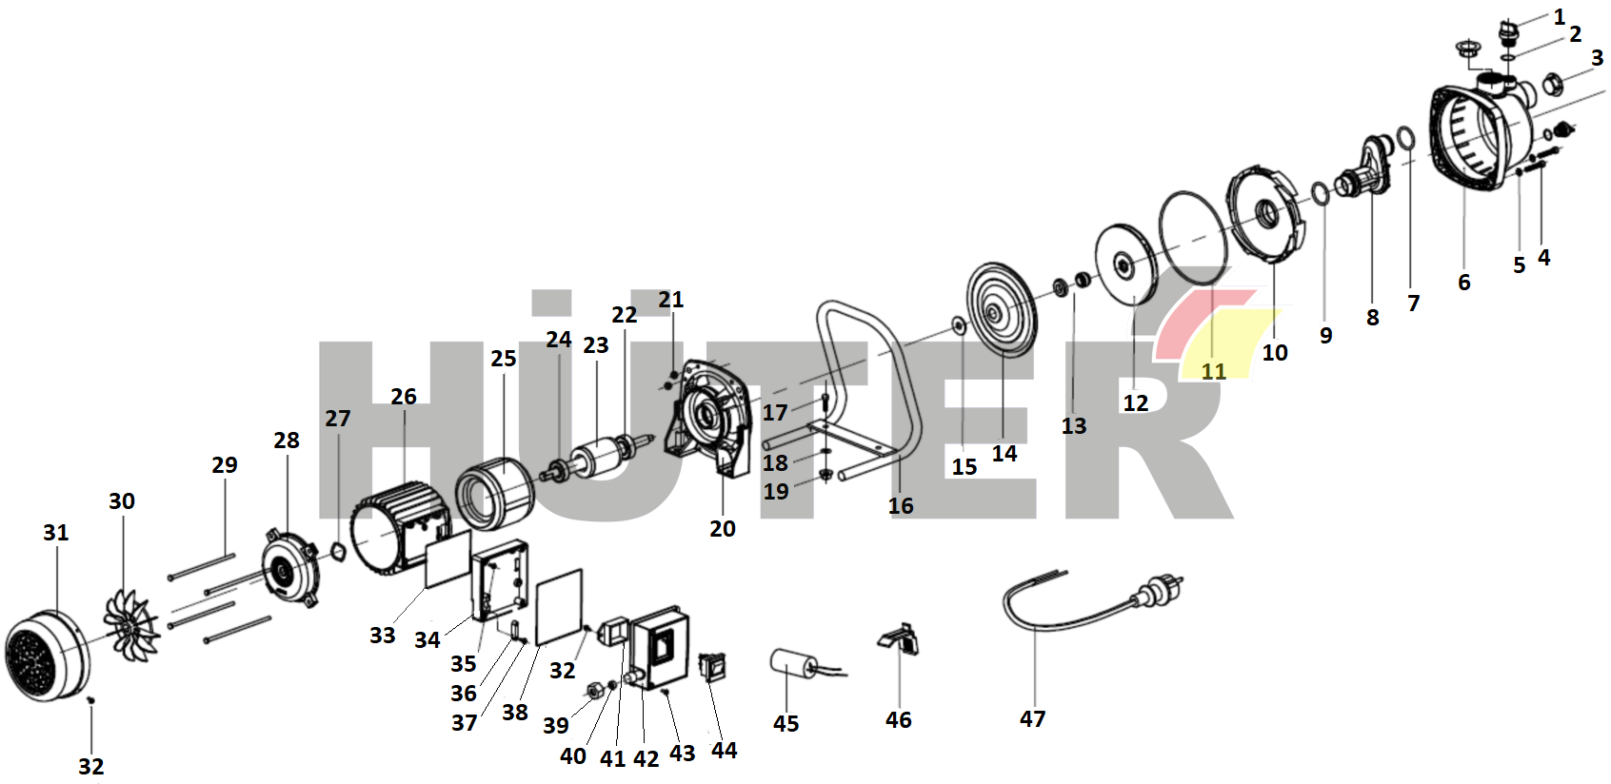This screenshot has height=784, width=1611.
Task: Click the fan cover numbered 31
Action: (45, 657)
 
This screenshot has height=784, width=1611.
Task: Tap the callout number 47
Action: (1032, 719)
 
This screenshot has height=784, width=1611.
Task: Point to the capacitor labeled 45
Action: (791, 663)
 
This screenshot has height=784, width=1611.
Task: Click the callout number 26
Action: (404, 397)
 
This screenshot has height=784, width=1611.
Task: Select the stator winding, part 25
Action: (494, 492)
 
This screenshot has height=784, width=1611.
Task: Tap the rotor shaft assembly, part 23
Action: (600, 458)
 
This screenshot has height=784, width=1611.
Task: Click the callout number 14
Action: (1004, 454)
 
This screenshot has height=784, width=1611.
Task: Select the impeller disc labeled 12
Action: (1125, 264)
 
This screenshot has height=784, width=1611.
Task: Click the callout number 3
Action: (1597, 58)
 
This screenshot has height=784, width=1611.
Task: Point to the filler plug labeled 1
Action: (1507, 35)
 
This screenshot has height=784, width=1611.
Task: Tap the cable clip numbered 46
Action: (900, 637)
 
